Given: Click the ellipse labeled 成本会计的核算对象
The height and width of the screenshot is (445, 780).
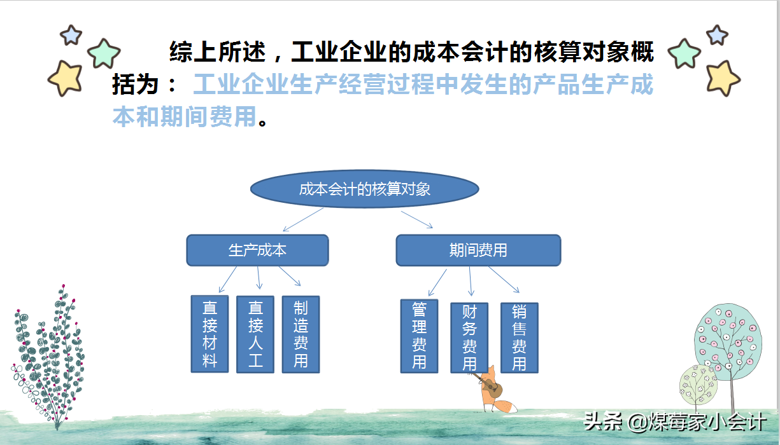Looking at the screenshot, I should tap(364, 189).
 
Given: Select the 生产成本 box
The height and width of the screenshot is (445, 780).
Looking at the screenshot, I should tap(257, 250).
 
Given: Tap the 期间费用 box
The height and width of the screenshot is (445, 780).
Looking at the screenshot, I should tap(478, 250).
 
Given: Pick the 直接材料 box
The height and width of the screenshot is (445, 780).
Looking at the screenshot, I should tap(209, 334).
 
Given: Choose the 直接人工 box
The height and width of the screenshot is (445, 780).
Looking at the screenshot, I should tap(255, 334).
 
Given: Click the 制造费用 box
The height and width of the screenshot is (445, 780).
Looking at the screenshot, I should tap(301, 334).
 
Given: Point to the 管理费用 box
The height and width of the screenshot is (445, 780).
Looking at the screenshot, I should tap(419, 336).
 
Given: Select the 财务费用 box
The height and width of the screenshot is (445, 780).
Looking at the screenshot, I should tap(469, 338).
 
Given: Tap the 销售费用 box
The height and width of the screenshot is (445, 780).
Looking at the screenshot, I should tap(520, 338).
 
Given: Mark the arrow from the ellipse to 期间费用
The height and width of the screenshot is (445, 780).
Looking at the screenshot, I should tap(417, 219).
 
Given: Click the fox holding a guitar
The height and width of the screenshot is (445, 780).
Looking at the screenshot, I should tap(493, 394).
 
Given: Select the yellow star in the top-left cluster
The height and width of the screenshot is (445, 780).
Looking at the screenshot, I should tap(65, 78).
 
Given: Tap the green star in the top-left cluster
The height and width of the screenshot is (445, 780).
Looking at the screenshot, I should tap(104, 53).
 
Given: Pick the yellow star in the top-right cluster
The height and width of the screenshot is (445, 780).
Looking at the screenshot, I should tap(722, 78).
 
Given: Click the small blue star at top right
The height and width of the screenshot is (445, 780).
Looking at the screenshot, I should tap(717, 34).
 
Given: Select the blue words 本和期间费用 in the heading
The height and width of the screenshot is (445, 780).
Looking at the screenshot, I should tap(185, 116).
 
